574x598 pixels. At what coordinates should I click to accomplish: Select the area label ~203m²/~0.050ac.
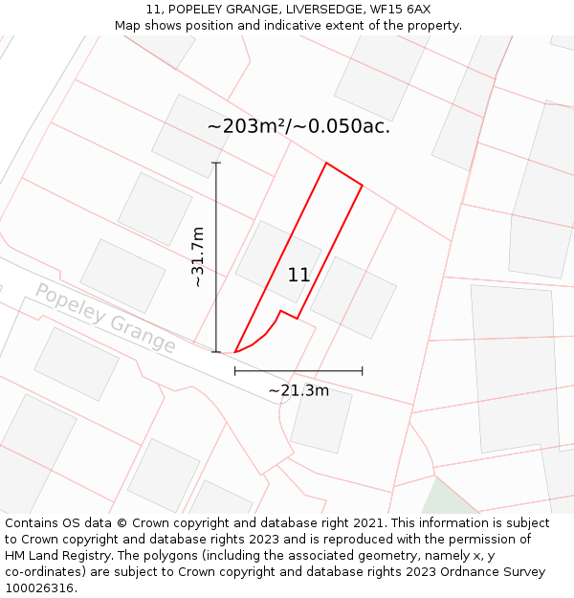[x=298, y=126]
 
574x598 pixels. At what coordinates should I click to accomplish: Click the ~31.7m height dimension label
[x=198, y=256]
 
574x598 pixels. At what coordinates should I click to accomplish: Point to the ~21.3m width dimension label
[x=298, y=390]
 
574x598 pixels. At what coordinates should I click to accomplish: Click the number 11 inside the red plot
[x=298, y=276]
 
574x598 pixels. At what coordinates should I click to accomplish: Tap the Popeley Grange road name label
[x=105, y=318]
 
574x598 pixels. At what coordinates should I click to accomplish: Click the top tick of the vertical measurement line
[x=216, y=163]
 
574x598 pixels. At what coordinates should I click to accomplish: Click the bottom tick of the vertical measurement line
[x=216, y=352]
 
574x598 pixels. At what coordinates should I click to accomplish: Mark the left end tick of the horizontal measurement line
[x=235, y=370]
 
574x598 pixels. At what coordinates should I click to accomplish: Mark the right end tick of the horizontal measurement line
[x=363, y=370]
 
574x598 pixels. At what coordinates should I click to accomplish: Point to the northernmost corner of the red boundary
[x=326, y=164]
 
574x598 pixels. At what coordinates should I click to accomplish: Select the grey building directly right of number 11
[x=352, y=297]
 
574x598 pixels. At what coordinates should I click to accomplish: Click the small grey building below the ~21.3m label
[x=320, y=419]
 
